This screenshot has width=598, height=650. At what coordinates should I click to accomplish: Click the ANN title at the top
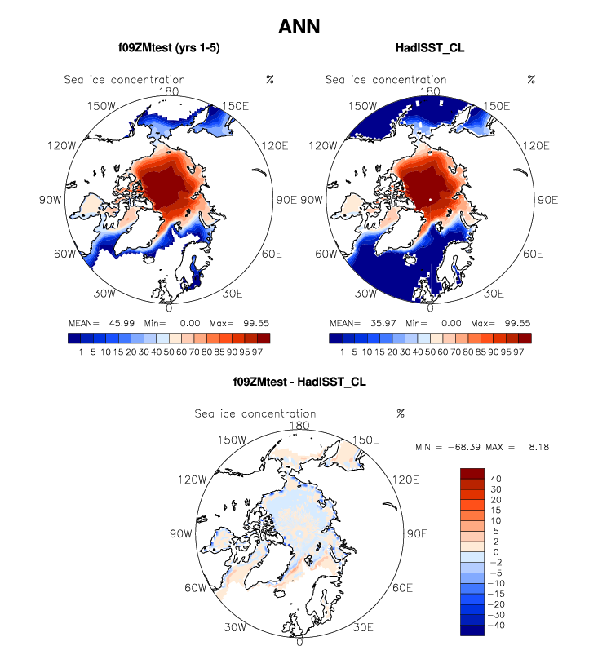point(299,26)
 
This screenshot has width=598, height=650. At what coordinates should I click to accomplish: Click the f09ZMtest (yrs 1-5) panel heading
point(168,48)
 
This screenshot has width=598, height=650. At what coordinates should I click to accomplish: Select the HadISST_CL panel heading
point(429,48)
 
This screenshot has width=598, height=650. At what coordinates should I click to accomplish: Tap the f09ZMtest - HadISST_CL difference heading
point(299,381)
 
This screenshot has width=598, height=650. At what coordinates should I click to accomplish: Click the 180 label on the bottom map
point(299,425)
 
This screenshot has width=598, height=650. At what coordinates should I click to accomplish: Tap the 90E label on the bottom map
point(417,533)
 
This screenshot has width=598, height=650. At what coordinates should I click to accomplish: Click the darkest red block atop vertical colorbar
point(474,474)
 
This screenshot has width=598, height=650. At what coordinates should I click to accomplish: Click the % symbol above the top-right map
point(531,79)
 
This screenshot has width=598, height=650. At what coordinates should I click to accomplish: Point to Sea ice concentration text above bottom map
point(255,413)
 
